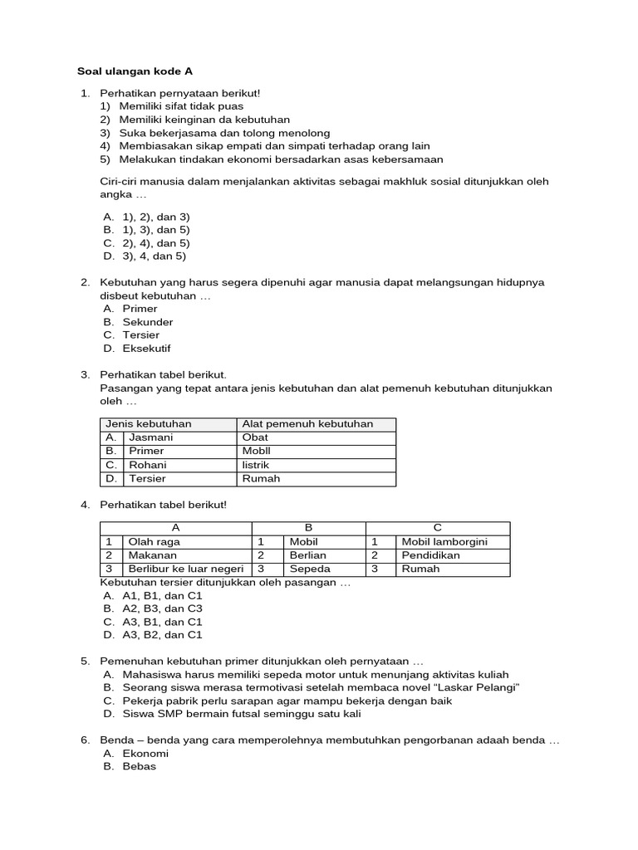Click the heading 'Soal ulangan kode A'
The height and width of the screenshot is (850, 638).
click(x=135, y=71)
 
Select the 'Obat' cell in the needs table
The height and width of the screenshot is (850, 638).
click(x=255, y=437)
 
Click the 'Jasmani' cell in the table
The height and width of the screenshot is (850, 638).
click(x=150, y=437)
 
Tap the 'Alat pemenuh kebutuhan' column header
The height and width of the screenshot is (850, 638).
click(x=307, y=423)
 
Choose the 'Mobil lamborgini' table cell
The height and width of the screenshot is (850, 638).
click(x=444, y=542)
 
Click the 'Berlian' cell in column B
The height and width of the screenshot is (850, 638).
click(x=307, y=555)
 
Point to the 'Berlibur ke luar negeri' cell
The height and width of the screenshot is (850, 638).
click(x=186, y=569)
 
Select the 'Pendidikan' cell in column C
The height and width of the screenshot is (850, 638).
click(x=430, y=555)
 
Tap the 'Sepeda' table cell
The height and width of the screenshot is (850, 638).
click(x=309, y=569)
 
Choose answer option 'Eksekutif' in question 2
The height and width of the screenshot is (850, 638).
click(x=146, y=349)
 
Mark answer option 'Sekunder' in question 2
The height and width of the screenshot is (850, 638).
click(x=148, y=322)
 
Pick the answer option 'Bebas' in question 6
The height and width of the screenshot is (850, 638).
click(x=139, y=766)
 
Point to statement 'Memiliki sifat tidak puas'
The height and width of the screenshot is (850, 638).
click(x=181, y=106)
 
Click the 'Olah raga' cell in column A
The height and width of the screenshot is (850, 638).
click(x=154, y=542)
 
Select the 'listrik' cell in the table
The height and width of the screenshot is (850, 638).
click(x=256, y=465)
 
